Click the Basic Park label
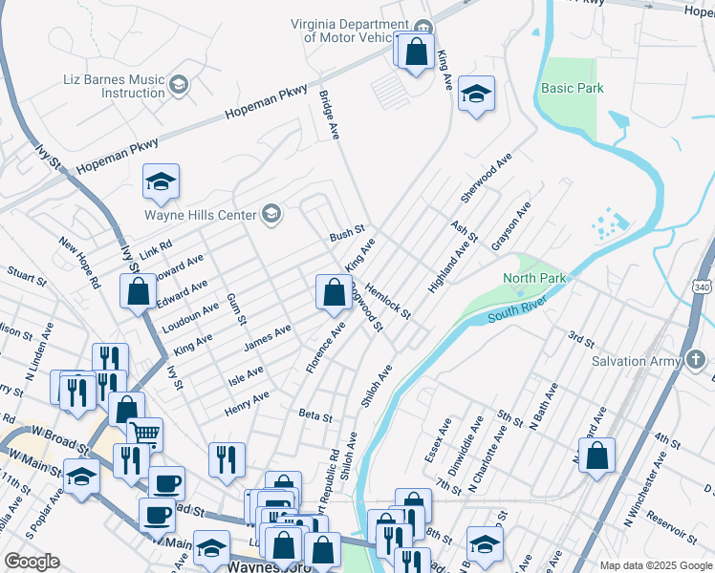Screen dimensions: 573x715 (x=573, y=88)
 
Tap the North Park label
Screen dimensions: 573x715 (x=535, y=278)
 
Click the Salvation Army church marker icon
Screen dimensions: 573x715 (x=696, y=360)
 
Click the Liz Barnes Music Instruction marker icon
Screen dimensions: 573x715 (x=178, y=86)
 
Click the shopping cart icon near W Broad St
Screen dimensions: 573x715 (x=144, y=435)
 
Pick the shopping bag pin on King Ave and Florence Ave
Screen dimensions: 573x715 (x=334, y=291)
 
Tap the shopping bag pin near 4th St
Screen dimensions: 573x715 (x=596, y=456)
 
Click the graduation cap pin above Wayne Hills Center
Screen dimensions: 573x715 (x=162, y=180)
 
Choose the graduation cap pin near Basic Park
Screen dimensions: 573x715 (x=475, y=94)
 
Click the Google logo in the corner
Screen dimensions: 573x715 (x=32, y=562)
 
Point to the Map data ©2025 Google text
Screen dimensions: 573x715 (x=655, y=565)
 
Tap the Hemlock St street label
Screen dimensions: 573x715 (x=387, y=300)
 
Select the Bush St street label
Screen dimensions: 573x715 (x=347, y=233)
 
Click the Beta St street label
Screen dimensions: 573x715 (x=314, y=417)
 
